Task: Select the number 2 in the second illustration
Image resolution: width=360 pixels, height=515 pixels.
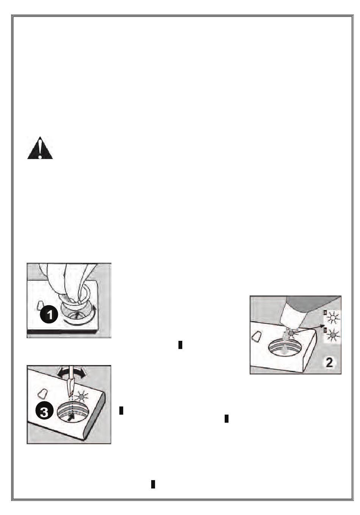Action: (329, 362)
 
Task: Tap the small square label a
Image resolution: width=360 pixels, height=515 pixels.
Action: (324, 312)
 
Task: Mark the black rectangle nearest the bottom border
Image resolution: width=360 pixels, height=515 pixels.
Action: (153, 484)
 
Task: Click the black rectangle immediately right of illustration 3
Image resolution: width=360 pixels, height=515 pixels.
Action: (121, 410)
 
